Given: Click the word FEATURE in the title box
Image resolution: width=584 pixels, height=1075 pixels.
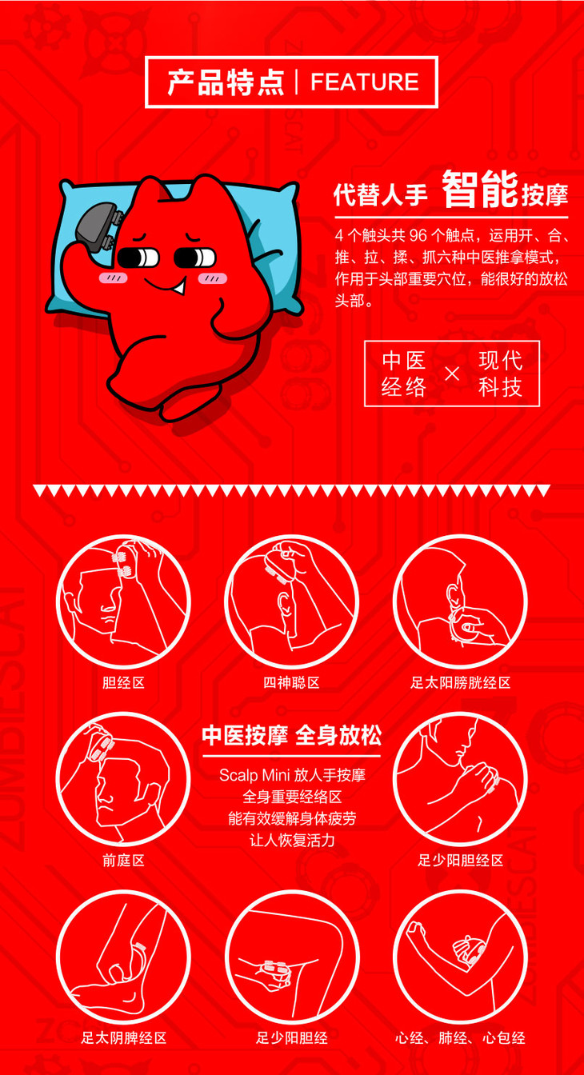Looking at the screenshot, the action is coord(365,82).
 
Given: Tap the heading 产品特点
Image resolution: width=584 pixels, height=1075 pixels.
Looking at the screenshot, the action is coord(226,82).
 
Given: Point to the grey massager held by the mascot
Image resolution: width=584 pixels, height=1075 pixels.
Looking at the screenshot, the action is coord(99,227).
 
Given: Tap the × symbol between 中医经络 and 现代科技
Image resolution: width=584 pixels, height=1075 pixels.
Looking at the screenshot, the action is coord(452,374).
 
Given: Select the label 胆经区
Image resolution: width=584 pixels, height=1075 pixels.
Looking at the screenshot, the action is coord(123,682).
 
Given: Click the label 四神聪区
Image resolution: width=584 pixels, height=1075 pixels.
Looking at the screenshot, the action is coord(291,682).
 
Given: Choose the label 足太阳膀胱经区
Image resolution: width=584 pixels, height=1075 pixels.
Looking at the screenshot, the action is coord(460,682).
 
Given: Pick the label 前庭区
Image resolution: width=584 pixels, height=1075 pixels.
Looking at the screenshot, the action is coord(123,860).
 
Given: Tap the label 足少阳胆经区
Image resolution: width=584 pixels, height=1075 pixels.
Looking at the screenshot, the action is coord(460,860).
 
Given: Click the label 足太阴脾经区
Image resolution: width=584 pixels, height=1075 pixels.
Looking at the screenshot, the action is coord(123,1037).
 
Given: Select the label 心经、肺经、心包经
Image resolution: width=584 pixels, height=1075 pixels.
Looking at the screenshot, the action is coord(460,1037).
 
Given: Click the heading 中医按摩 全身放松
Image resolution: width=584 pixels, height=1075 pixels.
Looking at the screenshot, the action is coord(291,735).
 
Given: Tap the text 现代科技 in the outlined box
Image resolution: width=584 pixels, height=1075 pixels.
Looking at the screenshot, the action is coord(500,374).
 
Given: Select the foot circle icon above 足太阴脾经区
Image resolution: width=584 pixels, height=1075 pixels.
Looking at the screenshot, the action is coord(123,958).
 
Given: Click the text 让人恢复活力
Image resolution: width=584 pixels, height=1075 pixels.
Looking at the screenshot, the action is coord(292,840).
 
